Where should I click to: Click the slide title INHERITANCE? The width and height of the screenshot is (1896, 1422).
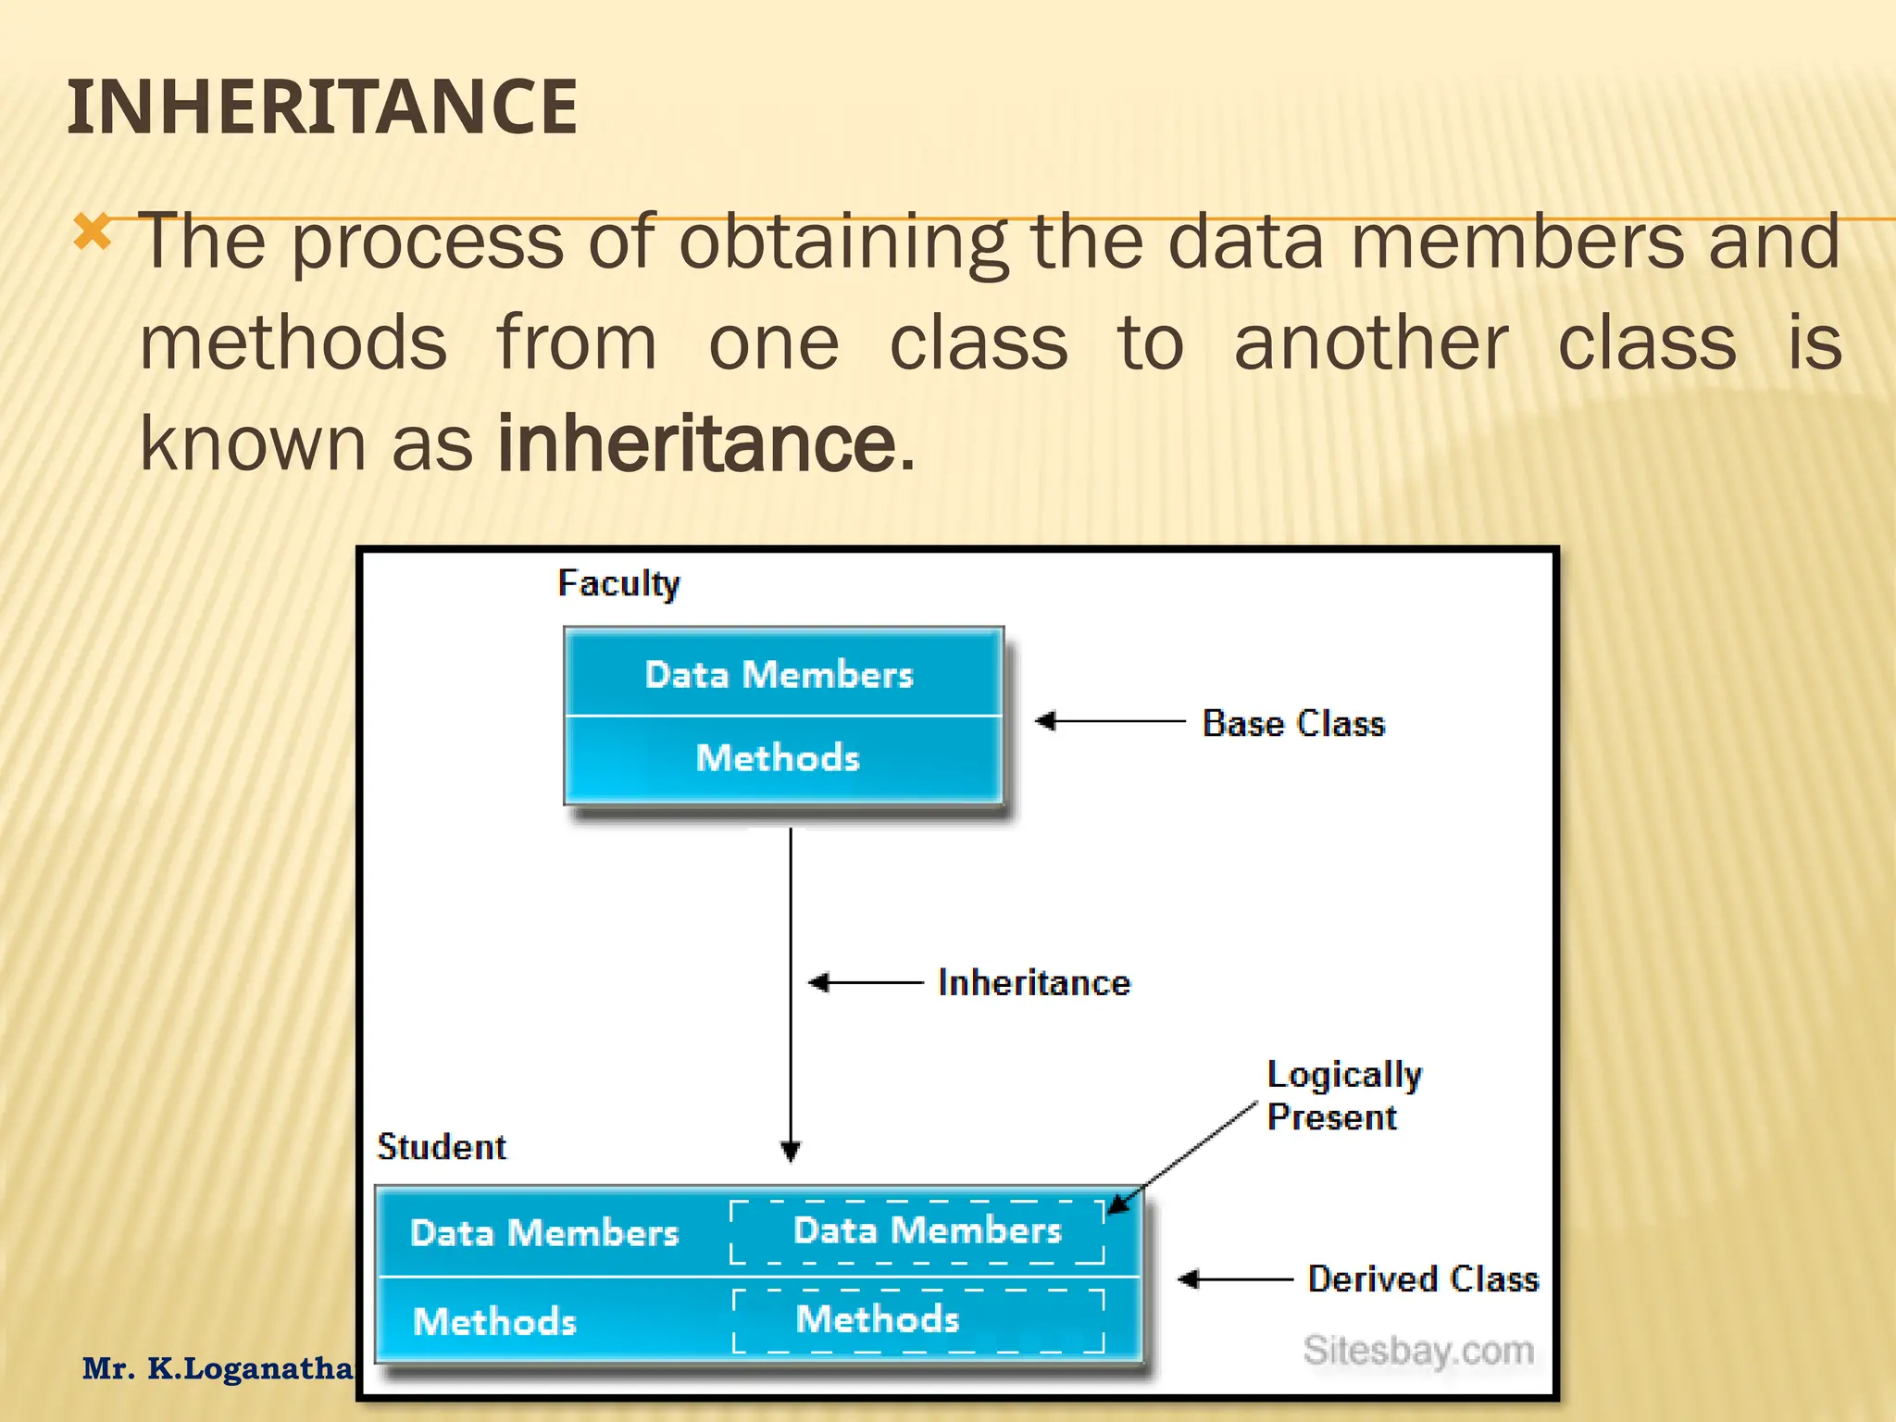(322, 107)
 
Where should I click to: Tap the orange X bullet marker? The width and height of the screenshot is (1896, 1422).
(93, 232)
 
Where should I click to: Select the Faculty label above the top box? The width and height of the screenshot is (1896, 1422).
(618, 583)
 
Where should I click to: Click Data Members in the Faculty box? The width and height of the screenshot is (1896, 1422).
(779, 674)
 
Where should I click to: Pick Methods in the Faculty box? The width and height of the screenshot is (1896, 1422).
(778, 757)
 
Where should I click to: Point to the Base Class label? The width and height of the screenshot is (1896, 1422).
(1292, 723)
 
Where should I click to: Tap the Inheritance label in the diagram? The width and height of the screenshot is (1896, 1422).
(1033, 982)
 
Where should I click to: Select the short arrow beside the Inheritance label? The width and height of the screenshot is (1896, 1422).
(865, 982)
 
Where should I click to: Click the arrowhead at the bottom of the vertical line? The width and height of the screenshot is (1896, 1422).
(791, 1151)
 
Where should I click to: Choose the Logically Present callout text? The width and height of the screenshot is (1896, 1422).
(1342, 1095)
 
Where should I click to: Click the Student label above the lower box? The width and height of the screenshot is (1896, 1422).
(442, 1147)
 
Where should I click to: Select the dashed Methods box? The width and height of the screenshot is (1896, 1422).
(917, 1320)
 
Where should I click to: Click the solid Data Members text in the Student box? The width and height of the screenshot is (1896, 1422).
(544, 1233)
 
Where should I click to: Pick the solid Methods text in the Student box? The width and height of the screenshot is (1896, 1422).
(494, 1321)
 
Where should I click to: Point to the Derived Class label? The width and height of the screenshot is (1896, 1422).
(1422, 1279)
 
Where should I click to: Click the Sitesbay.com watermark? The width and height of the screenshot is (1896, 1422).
(1418, 1351)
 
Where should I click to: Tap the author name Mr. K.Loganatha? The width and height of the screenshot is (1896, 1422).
(218, 1368)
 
